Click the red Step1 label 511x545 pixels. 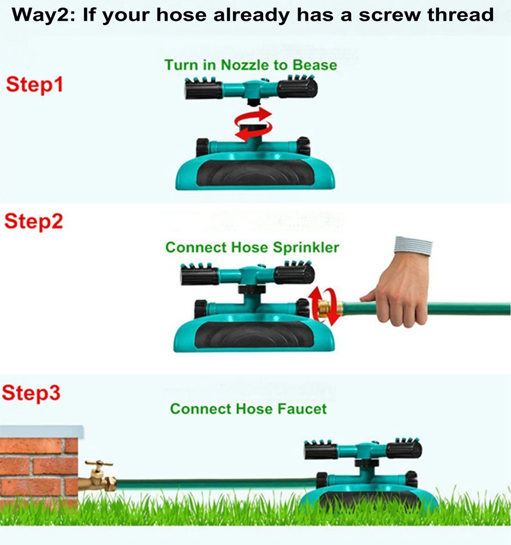coord(34,84)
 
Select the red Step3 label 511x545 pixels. coord(31,393)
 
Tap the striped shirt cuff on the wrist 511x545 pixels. coord(413,245)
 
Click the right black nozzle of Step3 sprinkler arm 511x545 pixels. coord(404,449)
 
